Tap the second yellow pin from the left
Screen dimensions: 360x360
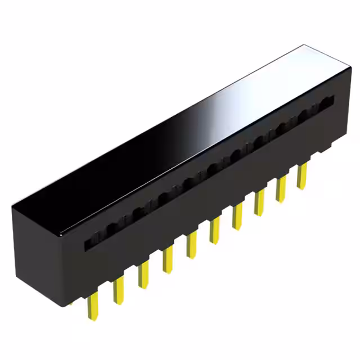pos(118,290)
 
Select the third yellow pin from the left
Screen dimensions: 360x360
pos(143,276)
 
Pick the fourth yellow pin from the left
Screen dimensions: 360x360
pos(167,261)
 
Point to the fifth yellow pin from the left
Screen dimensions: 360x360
pos(191,245)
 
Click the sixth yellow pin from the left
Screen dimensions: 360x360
pos(214,231)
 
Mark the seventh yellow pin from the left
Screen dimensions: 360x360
pos(237,217)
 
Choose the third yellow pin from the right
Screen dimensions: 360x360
pos(259,203)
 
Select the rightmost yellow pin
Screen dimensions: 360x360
pos(302,175)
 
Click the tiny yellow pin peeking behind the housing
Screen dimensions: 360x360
pos(71,304)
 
